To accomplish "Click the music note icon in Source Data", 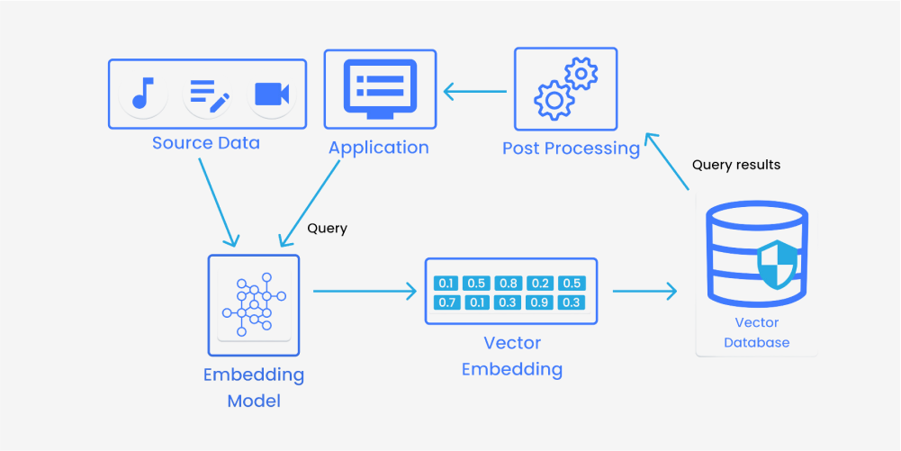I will coord(141,94).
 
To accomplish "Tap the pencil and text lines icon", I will coord(209,94).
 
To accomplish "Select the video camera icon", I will coord(272,94).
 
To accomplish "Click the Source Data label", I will coord(205,143).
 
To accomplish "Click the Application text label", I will coord(378,148).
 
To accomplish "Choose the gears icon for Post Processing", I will coord(565,88).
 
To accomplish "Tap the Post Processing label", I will coord(571,148).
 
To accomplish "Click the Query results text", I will coord(735,166).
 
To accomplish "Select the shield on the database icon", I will coord(776,264).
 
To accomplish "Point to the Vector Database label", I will coord(756,332).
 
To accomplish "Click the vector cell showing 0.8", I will coord(508,283).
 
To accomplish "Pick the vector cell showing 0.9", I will coord(539,302).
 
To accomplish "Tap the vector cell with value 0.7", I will coord(446,302).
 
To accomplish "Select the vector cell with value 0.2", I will coord(539,283).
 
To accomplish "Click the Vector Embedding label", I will coord(511,356).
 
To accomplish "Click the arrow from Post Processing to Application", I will coord(475,90).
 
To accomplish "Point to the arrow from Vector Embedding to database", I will coord(644,291).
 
